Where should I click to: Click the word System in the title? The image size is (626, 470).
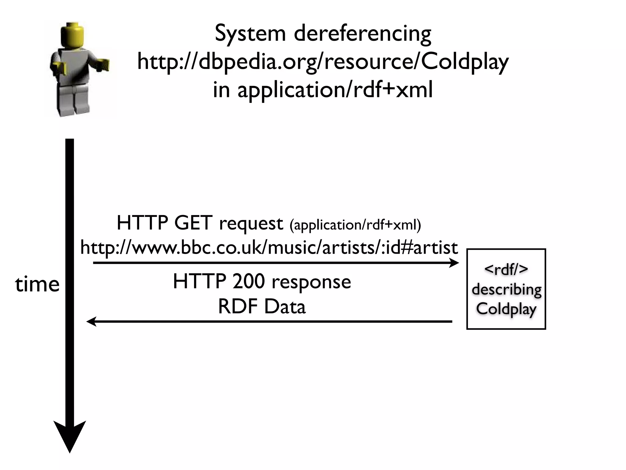coord(250,33)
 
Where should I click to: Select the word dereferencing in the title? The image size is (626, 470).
coord(363,33)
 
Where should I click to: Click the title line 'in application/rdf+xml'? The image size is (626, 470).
coord(323,90)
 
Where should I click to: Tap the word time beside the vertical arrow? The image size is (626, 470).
coord(37,284)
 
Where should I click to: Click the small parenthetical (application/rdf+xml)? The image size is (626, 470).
coord(355,225)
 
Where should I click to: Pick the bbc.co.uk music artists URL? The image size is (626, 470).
coord(269,248)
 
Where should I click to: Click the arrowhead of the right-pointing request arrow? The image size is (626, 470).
coord(454,263)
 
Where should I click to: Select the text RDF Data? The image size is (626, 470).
coord(262,307)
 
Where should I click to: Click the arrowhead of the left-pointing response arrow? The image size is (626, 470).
coord(91,322)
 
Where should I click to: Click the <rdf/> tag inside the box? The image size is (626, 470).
coord(506,269)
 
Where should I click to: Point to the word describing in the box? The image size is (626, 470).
coord(506,289)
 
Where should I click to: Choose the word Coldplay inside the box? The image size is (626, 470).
coord(506,309)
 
